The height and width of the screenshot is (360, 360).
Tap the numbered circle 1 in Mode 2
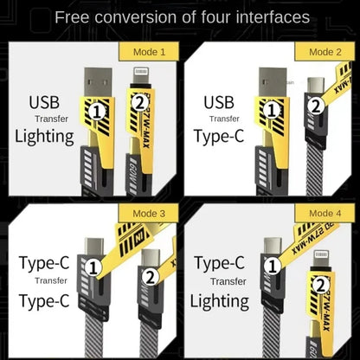click(276, 112)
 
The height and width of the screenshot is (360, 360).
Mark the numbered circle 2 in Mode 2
click(317, 106)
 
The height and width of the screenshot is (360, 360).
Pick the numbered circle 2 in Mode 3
click(149, 278)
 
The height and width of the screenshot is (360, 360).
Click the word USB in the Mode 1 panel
click(45, 103)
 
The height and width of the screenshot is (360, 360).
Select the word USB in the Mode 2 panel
click(219, 103)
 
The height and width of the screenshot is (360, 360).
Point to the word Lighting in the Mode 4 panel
click(220, 300)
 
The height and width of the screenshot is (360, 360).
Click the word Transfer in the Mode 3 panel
click(50, 280)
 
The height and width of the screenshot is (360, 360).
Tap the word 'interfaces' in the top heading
click(269, 16)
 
